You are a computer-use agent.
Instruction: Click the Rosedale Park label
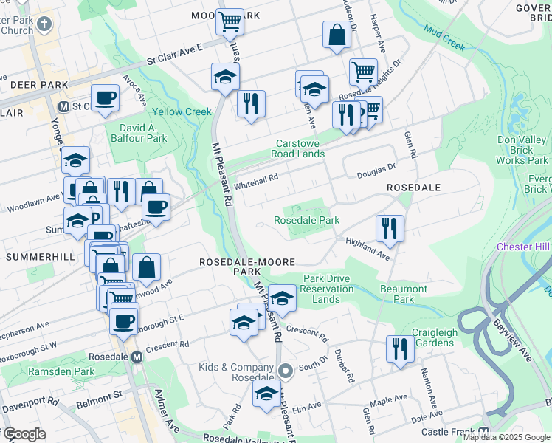pos(306,220)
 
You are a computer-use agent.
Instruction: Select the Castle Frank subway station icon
pos(484,432)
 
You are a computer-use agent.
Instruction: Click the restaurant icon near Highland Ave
pos(389,228)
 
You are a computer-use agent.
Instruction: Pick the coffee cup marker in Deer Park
pos(105,97)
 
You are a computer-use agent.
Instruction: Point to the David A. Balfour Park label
pos(138,132)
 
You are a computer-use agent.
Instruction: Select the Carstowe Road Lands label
pos(300,148)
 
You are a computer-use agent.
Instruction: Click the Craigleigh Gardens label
pos(433,338)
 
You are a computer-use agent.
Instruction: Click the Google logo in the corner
pos(24,434)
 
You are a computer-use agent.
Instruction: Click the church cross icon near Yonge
pos(44,24)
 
